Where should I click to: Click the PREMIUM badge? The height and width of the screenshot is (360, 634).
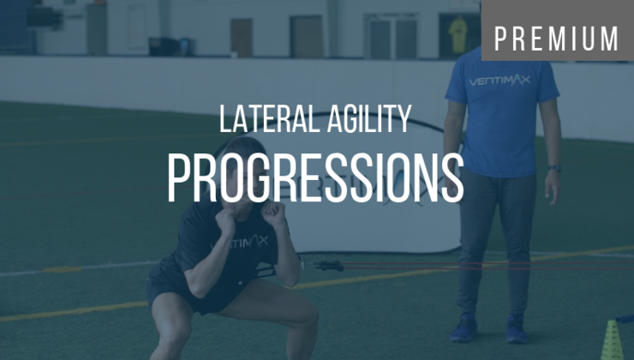tap(557, 39)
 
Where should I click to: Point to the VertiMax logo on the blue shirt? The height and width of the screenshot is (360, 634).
tap(499, 81)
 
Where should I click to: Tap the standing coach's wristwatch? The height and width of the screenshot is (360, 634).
tap(554, 169)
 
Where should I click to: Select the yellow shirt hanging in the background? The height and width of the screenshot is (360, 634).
tap(458, 34)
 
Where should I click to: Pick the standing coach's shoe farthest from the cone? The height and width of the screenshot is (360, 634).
tap(464, 328)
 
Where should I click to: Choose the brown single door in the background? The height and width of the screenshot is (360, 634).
tap(242, 37)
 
